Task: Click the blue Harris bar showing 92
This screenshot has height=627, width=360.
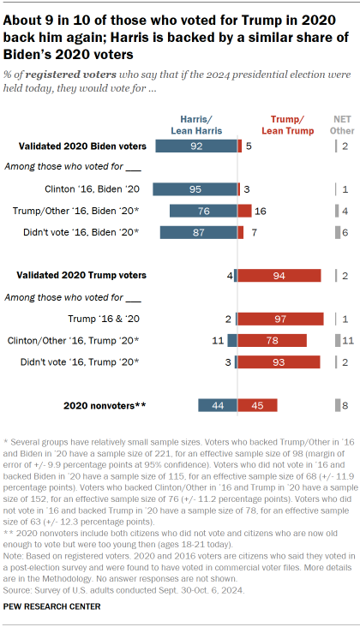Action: [x=196, y=146]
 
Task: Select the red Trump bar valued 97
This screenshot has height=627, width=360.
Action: [x=280, y=319]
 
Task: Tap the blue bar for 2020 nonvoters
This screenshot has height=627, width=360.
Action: [x=217, y=405]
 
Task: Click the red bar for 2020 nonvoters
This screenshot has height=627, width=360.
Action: [x=258, y=405]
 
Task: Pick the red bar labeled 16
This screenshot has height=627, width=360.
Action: [x=245, y=211]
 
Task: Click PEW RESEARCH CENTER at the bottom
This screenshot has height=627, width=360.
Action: [x=54, y=606]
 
